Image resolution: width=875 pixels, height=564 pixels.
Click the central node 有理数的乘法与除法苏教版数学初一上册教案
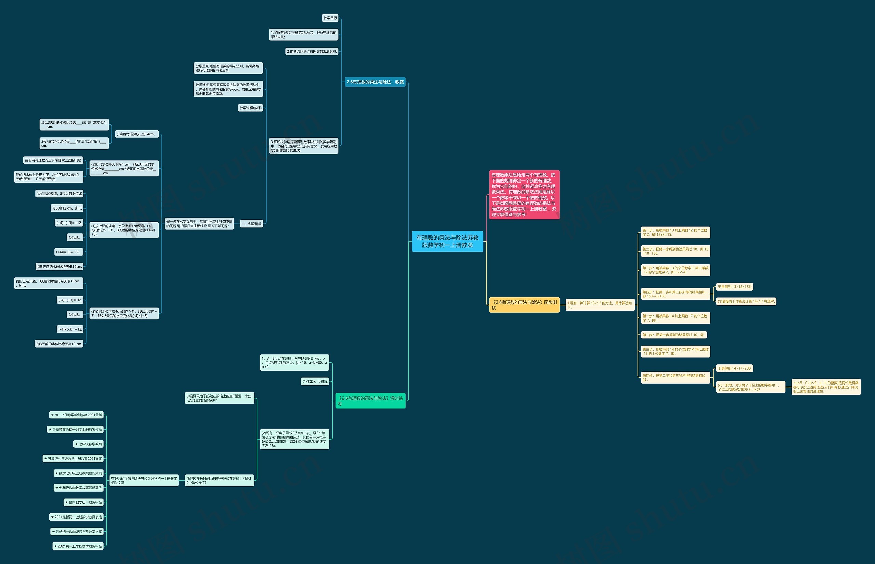tap(447, 241)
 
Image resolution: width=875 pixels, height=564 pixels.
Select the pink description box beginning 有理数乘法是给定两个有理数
tap(524, 194)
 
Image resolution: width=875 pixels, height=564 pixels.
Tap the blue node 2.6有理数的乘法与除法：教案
tap(375, 82)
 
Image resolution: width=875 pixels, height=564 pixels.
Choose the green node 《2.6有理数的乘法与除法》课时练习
tap(370, 401)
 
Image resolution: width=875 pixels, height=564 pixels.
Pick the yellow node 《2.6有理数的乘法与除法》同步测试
tap(524, 305)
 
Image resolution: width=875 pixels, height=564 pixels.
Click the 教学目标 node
tap(330, 18)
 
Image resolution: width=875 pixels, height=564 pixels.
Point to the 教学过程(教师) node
tap(251, 108)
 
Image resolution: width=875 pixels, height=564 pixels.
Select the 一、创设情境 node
tap(252, 224)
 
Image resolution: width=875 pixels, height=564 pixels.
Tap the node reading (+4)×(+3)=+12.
tap(69, 223)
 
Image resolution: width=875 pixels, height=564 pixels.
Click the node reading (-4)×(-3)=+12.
tap(70, 329)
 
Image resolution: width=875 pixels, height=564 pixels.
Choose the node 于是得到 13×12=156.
tap(735, 287)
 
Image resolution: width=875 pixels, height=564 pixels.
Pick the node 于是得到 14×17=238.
tap(735, 368)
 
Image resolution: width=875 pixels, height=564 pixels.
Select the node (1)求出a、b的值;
tap(315, 381)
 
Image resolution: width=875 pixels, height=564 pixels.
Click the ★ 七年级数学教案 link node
tap(89, 444)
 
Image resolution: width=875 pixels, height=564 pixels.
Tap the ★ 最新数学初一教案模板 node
tap(83, 502)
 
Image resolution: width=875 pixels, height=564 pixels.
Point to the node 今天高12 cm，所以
tap(67, 208)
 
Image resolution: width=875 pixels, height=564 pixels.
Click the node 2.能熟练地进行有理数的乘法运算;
tap(312, 51)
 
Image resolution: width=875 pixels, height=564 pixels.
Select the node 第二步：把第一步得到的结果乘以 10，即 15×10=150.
tap(675, 251)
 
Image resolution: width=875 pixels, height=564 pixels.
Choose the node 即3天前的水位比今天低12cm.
tap(60, 266)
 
